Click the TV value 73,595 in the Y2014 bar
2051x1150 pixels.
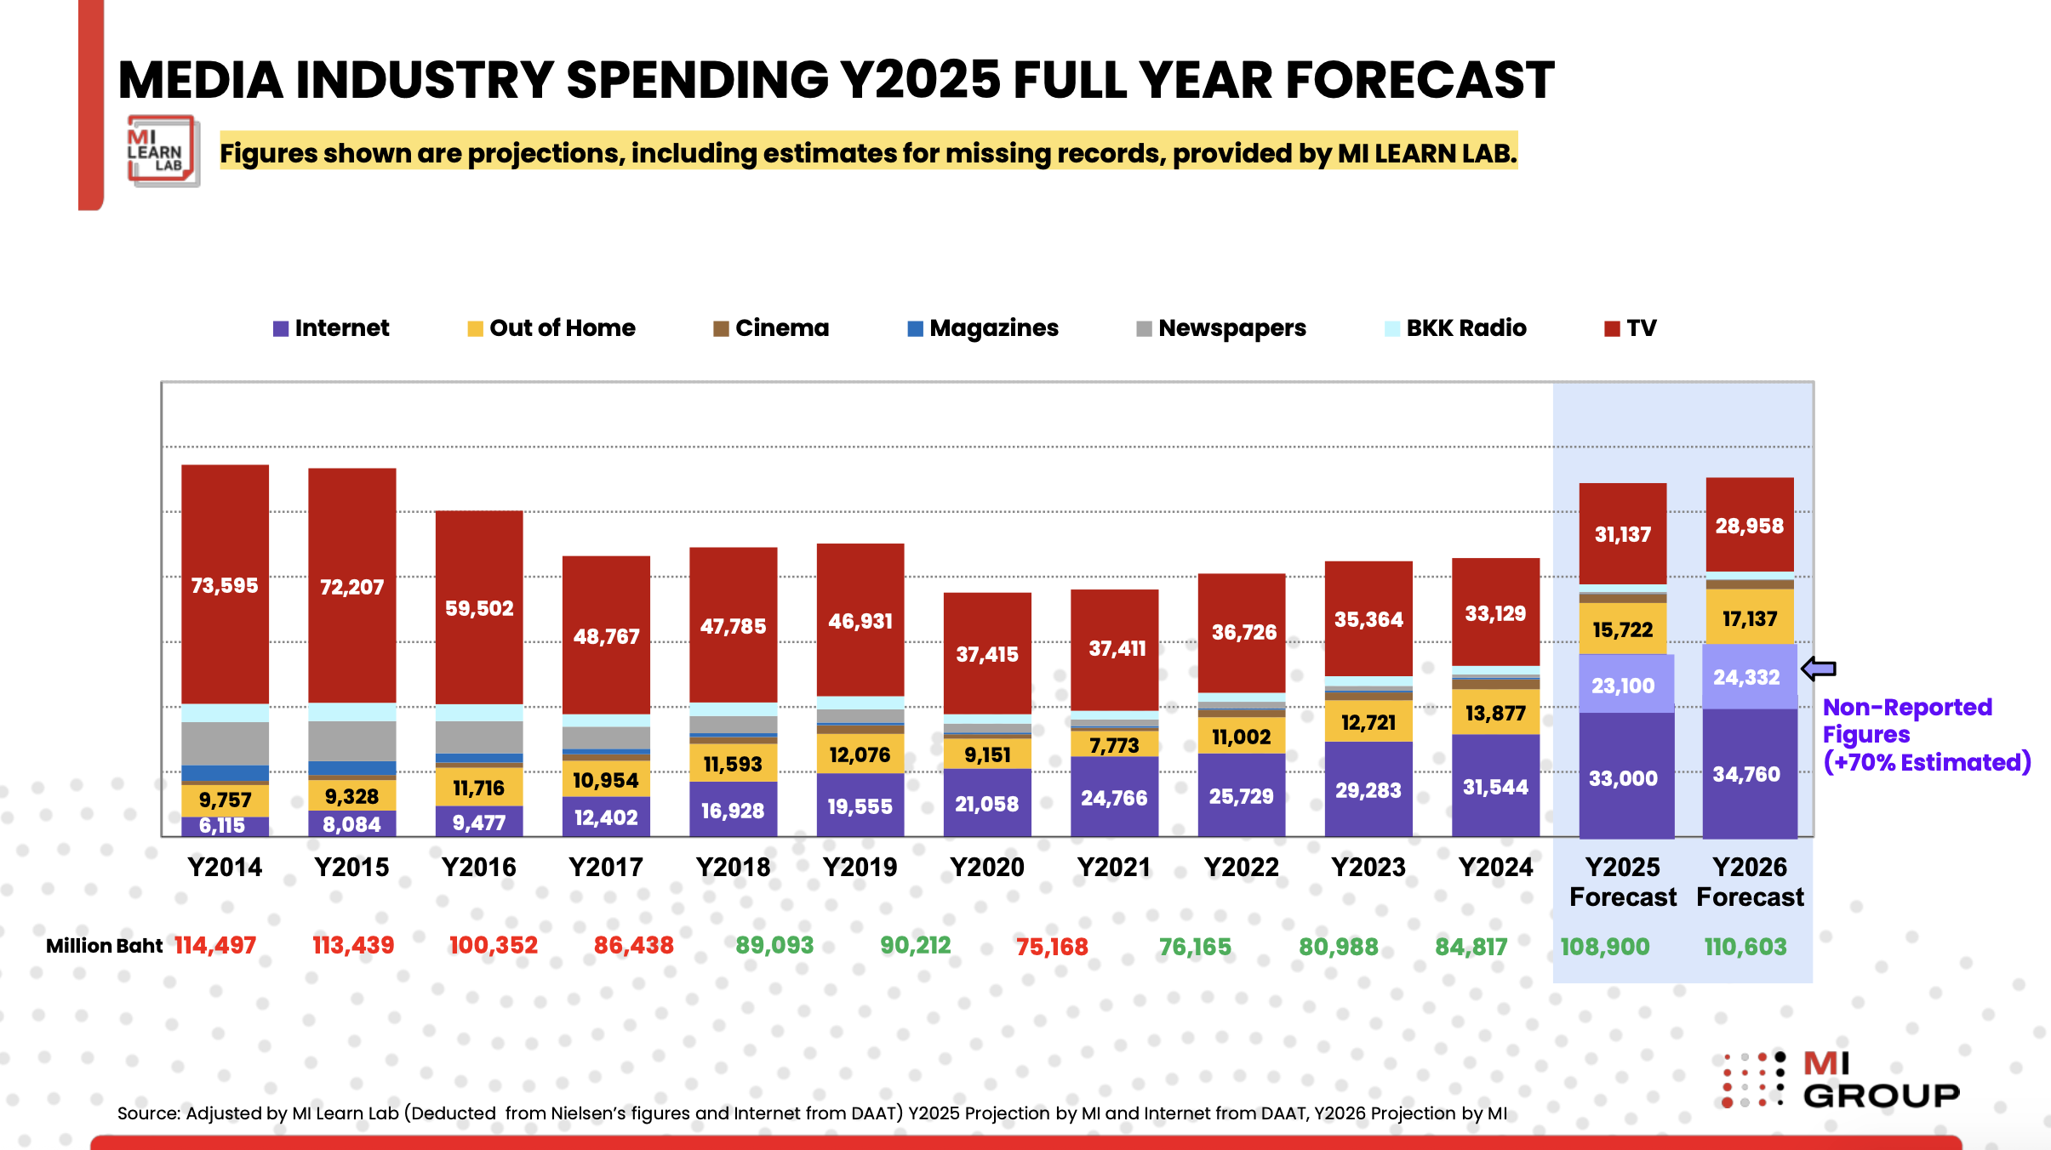point(224,586)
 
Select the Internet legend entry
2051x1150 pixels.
point(331,328)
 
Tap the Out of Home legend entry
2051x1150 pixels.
point(551,328)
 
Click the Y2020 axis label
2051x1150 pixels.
point(987,868)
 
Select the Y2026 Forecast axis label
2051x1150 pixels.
point(1750,882)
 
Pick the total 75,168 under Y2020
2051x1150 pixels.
point(1052,947)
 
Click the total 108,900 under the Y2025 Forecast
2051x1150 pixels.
point(1605,947)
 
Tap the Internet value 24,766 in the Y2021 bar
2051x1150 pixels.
point(1114,798)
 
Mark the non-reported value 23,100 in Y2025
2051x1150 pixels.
point(1623,686)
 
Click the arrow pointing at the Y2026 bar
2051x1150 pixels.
point(1819,669)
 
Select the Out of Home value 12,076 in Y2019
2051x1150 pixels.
point(860,754)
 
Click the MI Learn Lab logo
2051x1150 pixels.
point(163,151)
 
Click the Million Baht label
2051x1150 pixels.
point(104,946)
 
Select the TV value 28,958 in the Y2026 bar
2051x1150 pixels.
point(1749,527)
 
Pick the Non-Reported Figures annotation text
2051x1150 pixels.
point(1925,734)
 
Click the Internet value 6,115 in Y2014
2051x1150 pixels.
point(222,825)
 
